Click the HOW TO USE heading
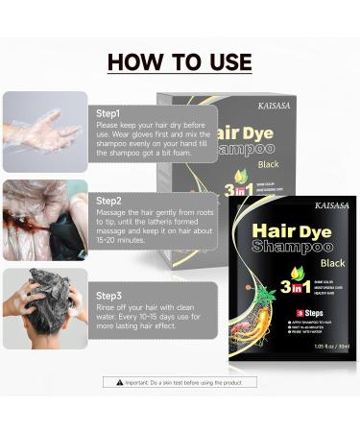(x=180, y=63)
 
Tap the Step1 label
(x=108, y=113)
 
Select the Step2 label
(x=108, y=200)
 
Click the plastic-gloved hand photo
(x=45, y=132)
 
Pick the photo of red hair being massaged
(x=45, y=220)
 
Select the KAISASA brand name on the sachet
(x=332, y=205)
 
